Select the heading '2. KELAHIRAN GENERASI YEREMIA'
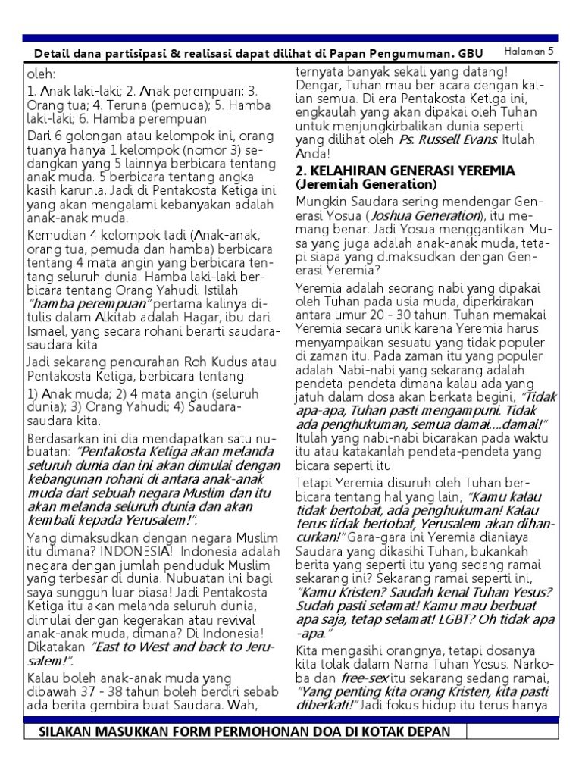(x=394, y=171)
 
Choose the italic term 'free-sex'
(x=363, y=678)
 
